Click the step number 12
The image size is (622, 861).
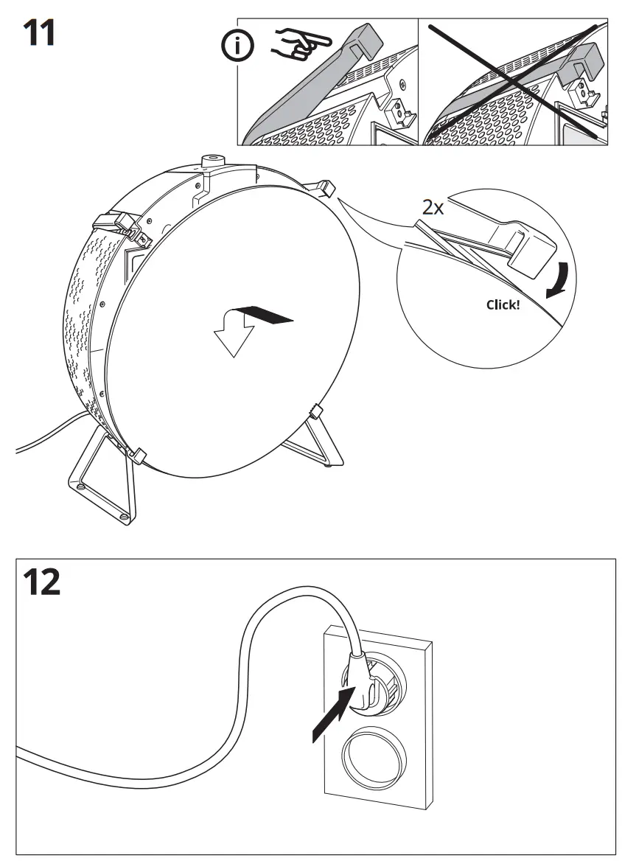(x=42, y=583)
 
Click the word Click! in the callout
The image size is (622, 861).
(x=503, y=304)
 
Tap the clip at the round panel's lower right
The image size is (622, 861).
(x=315, y=410)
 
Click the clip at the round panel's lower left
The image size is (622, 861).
(x=135, y=455)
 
